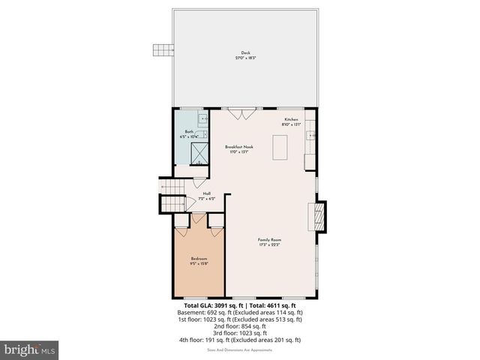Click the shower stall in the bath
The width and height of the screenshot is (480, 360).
coord(201,153)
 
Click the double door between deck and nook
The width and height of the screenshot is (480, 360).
coord(240,114)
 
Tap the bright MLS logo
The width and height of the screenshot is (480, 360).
coord(30,350)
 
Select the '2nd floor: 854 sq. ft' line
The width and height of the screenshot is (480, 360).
coord(240,326)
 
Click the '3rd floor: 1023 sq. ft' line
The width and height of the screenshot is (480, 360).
coord(240,333)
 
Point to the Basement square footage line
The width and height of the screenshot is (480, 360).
coord(240,313)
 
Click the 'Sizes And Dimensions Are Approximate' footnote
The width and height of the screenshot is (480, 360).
coord(240,349)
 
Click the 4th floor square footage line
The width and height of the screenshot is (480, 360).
coord(240,340)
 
